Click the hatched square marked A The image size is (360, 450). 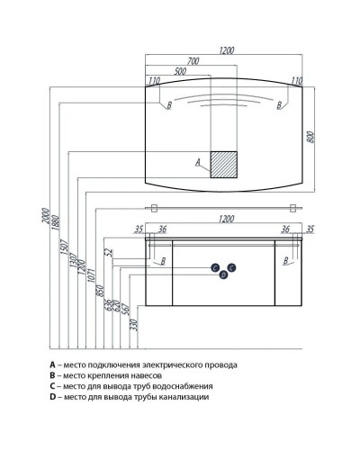223,165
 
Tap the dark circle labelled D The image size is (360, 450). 223,274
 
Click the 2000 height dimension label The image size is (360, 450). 45,215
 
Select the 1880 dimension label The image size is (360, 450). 56,222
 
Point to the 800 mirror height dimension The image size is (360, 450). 310,137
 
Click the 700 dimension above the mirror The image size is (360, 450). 193,61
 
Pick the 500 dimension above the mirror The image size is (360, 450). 180,71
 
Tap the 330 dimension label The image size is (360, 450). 134,325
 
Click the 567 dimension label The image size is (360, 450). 125,309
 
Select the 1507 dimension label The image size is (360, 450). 65,247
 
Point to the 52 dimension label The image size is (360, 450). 108,252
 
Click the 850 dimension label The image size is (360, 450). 100,291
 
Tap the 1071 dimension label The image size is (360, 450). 92,275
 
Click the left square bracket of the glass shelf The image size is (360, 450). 154,208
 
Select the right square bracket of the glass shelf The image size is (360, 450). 292,208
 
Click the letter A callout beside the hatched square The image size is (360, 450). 198,162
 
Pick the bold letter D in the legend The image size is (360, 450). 53,397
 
